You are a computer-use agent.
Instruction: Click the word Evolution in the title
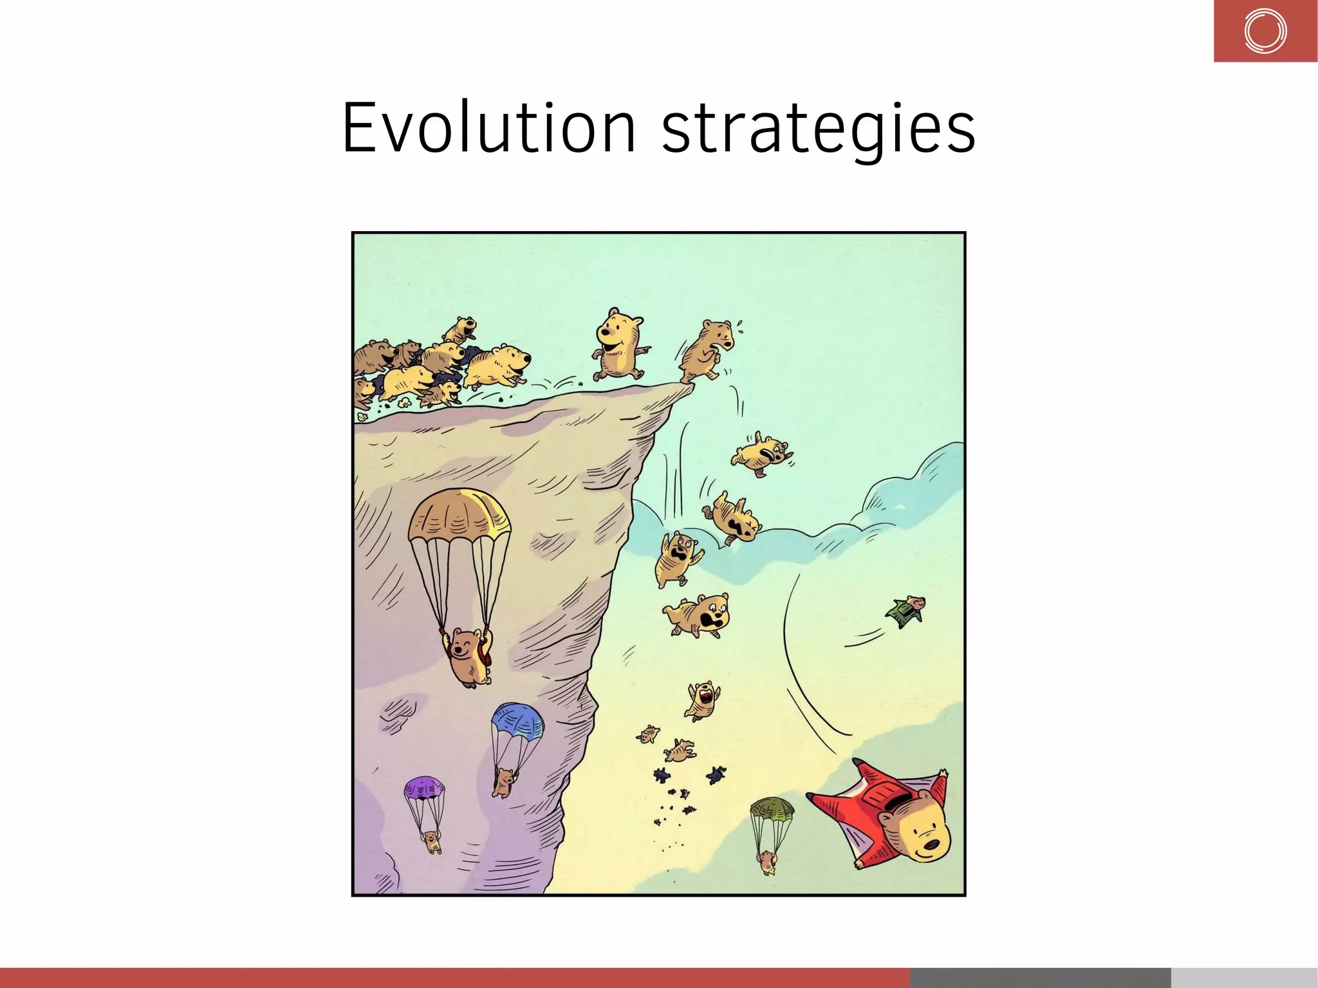[x=489, y=129]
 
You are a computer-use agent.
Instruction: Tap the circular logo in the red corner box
[x=1265, y=31]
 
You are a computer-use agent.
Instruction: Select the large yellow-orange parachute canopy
[x=459, y=515]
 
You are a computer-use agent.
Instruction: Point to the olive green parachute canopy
[x=772, y=809]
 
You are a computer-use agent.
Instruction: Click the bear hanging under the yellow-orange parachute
[x=467, y=658]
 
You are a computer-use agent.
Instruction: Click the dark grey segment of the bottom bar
[x=1040, y=977]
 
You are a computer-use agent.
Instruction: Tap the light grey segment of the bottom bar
[x=1244, y=977]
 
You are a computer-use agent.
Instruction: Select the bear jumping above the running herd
[x=459, y=330]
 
